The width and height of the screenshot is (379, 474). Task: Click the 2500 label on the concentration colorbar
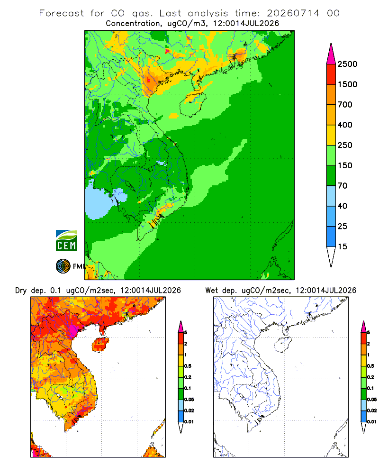click(347, 64)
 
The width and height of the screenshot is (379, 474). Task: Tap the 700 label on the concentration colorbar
click(345, 105)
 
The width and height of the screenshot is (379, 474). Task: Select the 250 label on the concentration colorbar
click(345, 145)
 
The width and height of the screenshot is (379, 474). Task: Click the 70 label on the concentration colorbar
click(343, 186)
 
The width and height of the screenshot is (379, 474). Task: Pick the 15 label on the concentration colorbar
click(343, 246)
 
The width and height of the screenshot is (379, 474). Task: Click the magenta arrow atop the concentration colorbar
click(331, 54)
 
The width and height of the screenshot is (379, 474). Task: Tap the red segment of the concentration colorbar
click(331, 74)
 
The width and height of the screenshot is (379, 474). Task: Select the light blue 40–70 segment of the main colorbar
click(331, 196)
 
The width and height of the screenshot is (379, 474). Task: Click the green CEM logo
click(66, 241)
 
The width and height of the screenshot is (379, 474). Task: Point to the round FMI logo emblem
click(63, 266)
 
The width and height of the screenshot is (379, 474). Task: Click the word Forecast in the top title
click(62, 13)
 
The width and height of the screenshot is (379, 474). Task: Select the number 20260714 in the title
click(293, 13)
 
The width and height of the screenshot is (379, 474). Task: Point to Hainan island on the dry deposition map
click(100, 344)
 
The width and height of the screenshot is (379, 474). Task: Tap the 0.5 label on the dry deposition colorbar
click(188, 366)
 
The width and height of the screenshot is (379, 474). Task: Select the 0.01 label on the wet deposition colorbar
click(372, 422)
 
